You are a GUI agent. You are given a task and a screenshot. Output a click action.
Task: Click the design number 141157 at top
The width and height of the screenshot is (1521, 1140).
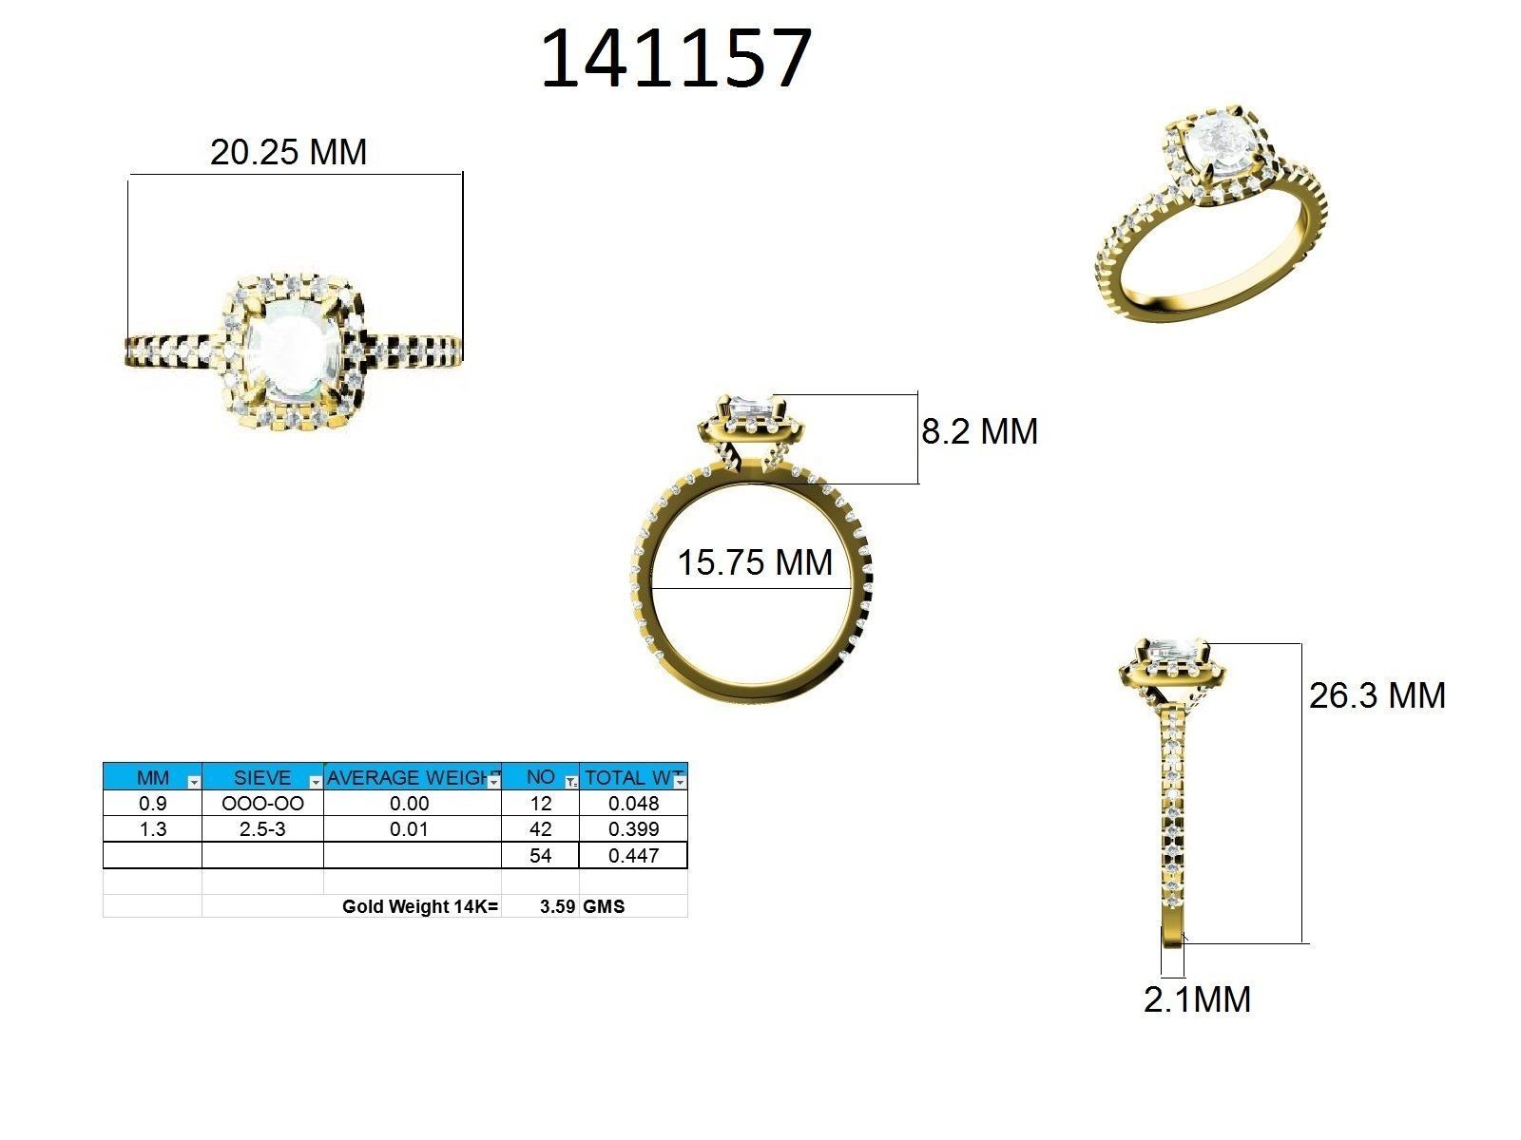pos(676,60)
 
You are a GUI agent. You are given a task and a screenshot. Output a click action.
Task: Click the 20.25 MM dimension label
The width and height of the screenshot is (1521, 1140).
pos(288,152)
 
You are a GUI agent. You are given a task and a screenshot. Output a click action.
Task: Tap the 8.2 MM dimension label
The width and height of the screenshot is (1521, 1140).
pos(979,431)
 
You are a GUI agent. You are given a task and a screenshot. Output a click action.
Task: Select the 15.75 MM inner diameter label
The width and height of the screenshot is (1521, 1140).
pos(755,562)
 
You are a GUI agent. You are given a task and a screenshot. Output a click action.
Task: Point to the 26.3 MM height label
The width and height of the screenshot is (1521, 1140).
pos(1377,695)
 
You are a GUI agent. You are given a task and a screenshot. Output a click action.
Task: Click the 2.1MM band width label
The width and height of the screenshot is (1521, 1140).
pos(1197,999)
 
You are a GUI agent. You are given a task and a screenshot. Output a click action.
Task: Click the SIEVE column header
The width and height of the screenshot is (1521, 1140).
pos(261,777)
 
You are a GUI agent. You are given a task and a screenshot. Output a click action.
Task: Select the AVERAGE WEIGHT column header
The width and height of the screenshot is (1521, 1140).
pos(411,777)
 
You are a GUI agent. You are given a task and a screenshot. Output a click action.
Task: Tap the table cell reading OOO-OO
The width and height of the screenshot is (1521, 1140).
pos(262,803)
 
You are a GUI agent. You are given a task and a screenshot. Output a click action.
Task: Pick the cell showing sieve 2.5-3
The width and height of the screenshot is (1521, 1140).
pos(262,828)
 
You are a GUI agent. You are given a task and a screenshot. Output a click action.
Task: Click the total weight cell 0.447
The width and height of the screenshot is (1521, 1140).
pos(633,855)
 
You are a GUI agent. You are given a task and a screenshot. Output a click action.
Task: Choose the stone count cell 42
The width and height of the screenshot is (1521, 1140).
pos(540,828)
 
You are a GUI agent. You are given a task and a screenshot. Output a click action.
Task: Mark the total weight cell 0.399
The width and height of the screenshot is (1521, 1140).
pos(633,828)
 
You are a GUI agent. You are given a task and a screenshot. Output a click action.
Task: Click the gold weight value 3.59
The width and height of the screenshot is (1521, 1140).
pos(557,906)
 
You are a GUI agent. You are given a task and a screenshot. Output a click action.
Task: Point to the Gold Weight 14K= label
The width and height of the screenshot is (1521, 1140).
pos(420,906)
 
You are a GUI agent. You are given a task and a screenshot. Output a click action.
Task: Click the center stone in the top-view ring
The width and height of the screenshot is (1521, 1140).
pos(286,351)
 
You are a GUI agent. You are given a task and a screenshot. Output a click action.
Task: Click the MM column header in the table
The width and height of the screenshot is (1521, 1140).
pos(152,777)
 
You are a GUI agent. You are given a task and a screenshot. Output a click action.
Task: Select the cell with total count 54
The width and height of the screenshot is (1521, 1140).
pos(540,855)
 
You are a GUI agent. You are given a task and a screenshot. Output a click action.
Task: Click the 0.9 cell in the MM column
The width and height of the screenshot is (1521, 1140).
pos(152,803)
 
